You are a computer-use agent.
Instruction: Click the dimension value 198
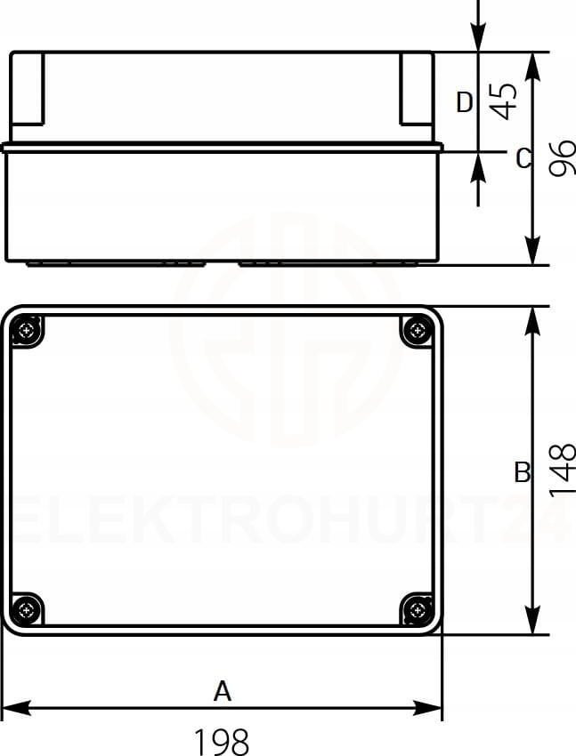pyautogui.click(x=222, y=741)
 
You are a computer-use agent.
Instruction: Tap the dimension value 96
pyautogui.click(x=563, y=157)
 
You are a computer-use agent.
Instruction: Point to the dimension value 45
pyautogui.click(x=504, y=101)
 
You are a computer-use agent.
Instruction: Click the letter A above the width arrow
pyautogui.click(x=223, y=691)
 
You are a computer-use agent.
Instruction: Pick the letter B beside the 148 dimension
pyautogui.click(x=523, y=472)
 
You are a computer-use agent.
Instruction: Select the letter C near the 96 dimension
pyautogui.click(x=523, y=158)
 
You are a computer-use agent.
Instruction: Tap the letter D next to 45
pyautogui.click(x=465, y=102)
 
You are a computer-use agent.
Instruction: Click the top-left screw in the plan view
pyautogui.click(x=26, y=331)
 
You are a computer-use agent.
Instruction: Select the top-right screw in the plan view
pyautogui.click(x=417, y=331)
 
